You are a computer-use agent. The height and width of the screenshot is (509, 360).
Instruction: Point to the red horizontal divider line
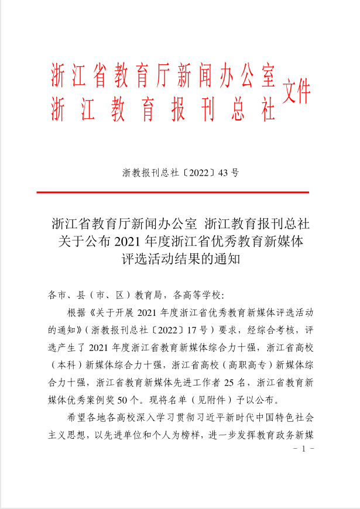click(x=172, y=192)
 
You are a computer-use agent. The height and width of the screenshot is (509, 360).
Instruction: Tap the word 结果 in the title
click(x=194, y=259)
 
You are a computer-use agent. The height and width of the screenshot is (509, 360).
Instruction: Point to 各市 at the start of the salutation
click(x=59, y=295)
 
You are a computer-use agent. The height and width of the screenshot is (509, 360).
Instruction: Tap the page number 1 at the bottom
click(x=303, y=449)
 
